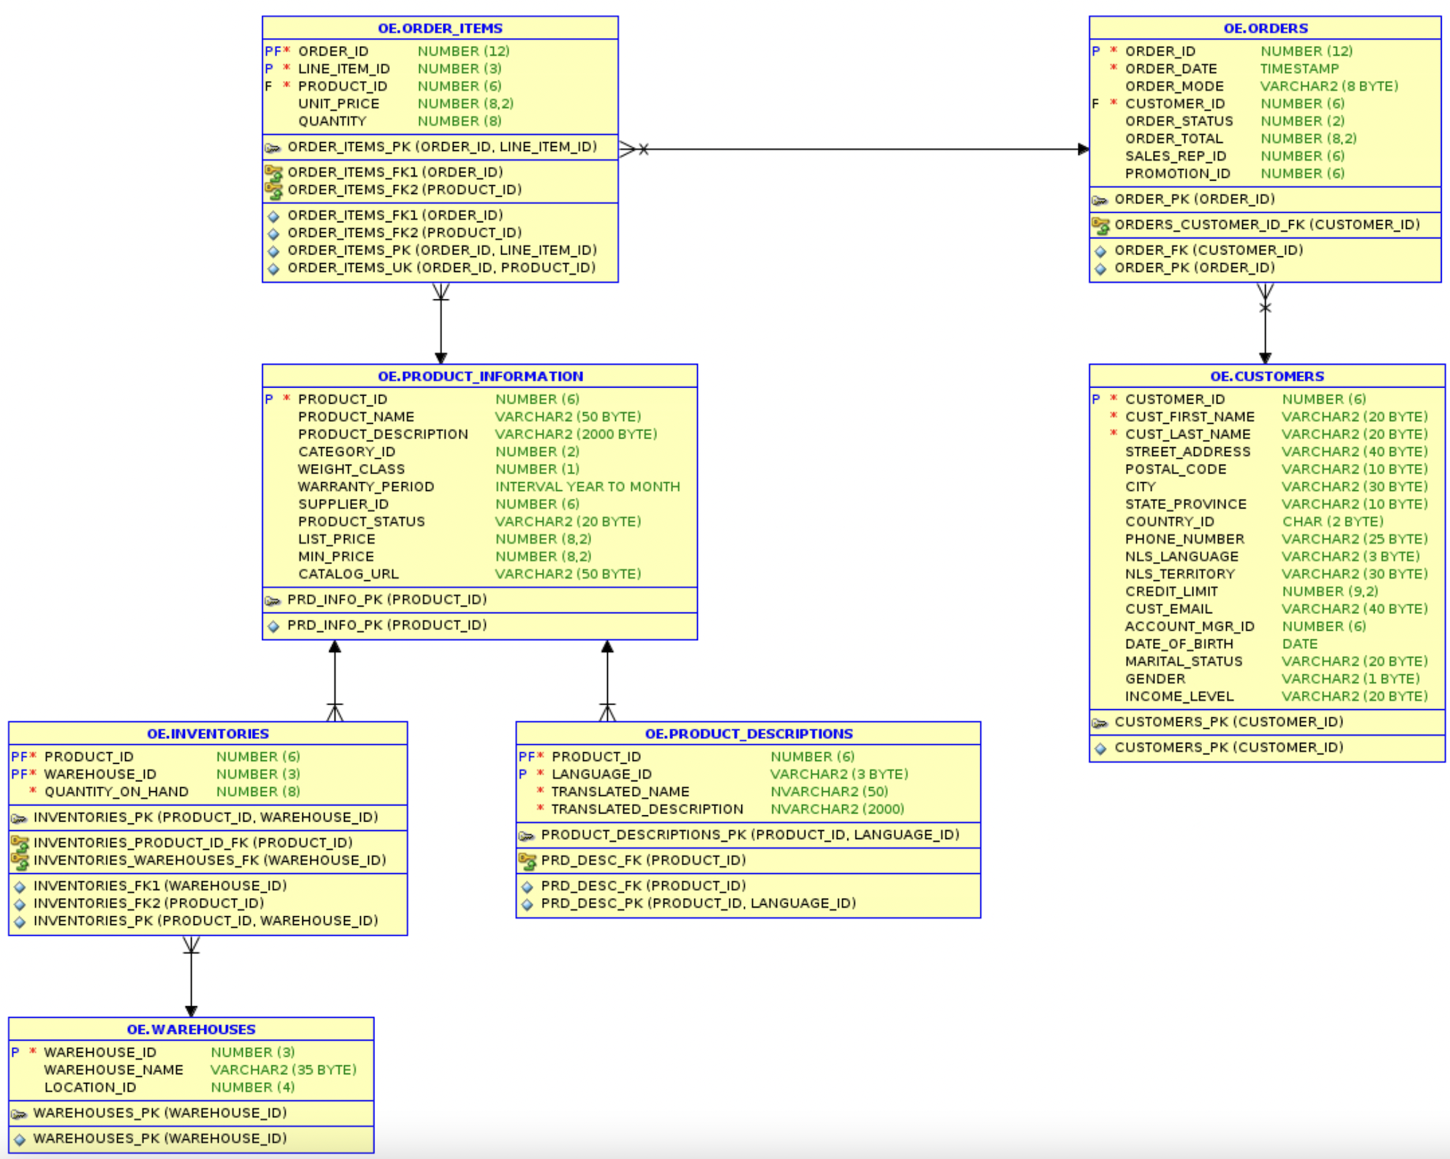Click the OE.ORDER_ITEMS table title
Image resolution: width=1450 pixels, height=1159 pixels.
440,28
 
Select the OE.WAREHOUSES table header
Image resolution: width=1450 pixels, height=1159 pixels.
191,1029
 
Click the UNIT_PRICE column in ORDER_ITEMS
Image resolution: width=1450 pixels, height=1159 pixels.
338,103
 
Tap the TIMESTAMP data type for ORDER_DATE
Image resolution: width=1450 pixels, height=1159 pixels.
1299,68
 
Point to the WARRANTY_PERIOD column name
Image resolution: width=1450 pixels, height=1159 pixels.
366,487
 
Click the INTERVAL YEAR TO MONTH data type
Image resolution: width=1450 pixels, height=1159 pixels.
587,487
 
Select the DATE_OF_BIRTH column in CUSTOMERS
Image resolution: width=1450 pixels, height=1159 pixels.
1179,644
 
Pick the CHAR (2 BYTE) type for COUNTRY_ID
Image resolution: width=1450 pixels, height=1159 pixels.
1332,522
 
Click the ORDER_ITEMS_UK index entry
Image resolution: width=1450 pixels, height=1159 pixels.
441,268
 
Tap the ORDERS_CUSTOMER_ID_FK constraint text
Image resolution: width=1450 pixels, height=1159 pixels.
1266,225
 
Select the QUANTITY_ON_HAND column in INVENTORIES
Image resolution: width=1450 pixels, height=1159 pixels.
116,792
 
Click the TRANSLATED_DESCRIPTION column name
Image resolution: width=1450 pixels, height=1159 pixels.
647,809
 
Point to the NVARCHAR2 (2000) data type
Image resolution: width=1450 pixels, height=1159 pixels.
837,809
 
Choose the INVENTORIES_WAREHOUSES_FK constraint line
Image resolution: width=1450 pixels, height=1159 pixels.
209,860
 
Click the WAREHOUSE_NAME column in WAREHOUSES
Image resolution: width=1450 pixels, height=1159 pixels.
113,1070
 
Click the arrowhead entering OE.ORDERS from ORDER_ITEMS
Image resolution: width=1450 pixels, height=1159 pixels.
1083,149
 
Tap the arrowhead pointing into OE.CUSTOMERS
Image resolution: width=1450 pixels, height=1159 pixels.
1265,358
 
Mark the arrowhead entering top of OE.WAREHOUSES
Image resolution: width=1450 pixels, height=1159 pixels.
191,1011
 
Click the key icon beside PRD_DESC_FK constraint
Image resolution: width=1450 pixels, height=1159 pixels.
527,861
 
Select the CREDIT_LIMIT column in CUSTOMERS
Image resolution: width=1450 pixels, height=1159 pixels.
1171,591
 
